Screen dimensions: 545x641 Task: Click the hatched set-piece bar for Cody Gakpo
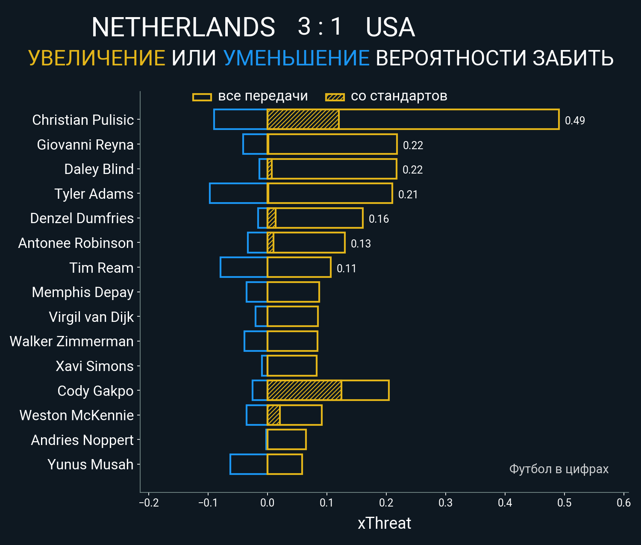point(304,390)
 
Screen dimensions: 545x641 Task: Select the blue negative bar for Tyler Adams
point(238,193)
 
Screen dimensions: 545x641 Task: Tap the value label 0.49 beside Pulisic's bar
point(575,121)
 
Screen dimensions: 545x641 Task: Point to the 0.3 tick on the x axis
point(445,503)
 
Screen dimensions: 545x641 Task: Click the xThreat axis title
point(384,523)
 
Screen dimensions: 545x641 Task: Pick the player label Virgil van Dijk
point(91,317)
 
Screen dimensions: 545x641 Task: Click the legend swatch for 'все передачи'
point(202,97)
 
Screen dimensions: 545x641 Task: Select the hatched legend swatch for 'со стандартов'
point(335,97)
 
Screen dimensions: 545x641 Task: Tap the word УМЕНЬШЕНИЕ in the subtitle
point(296,58)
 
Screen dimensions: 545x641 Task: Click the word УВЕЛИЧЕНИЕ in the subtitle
point(97,58)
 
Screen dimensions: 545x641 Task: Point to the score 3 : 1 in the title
point(320,27)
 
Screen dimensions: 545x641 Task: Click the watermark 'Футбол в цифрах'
point(559,469)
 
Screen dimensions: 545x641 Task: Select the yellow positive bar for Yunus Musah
point(285,464)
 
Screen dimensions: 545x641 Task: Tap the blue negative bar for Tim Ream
point(244,267)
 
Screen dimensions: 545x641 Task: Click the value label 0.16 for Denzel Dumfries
point(379,219)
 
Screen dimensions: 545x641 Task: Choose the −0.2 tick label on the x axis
point(149,503)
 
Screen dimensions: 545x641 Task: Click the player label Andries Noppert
point(82,440)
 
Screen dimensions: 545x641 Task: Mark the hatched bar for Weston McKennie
point(273,415)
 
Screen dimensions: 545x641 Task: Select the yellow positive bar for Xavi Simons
point(292,366)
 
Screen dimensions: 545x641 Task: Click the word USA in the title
point(390,27)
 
